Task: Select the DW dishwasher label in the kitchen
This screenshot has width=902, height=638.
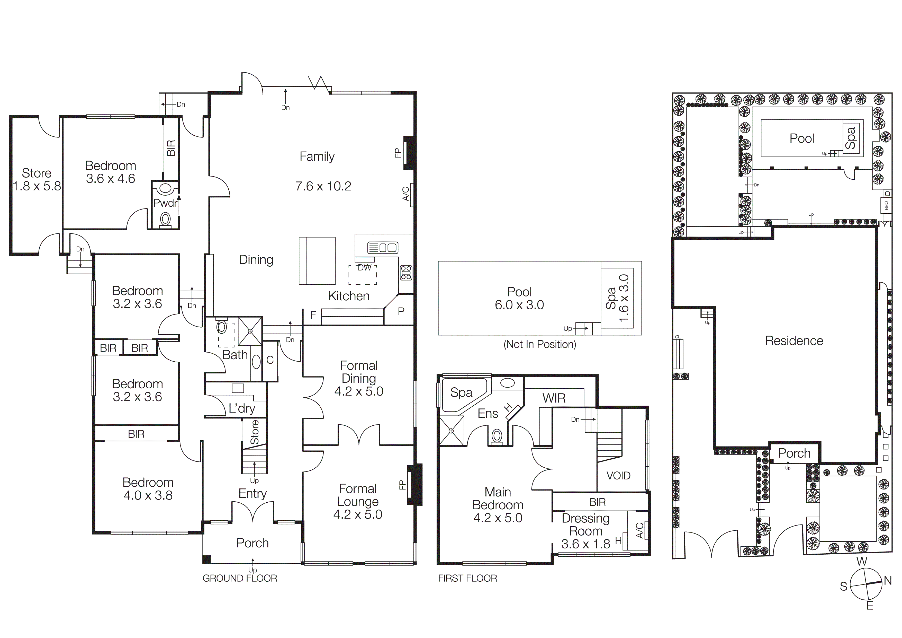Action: tap(364, 268)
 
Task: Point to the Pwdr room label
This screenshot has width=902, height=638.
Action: tap(165, 203)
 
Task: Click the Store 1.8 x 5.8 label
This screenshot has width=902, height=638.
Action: tap(37, 179)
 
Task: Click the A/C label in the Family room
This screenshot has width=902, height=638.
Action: tap(406, 194)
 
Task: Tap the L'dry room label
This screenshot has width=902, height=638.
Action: tap(242, 408)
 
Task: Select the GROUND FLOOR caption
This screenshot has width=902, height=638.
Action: tap(240, 578)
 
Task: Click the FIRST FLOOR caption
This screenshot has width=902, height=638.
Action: tap(467, 578)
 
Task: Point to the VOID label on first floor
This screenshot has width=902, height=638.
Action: tap(618, 476)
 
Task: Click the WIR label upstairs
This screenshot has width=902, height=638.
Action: tap(554, 398)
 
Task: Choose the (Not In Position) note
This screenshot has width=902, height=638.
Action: tap(540, 344)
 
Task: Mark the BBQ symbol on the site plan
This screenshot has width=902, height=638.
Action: tap(886, 205)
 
